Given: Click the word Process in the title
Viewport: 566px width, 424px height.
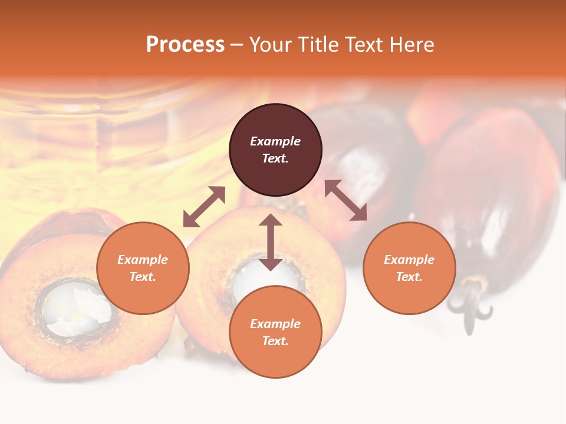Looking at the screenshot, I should coord(185,45).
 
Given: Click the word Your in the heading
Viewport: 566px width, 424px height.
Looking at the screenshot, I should coord(271,45).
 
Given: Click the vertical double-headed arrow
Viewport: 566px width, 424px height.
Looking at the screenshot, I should coord(271,242).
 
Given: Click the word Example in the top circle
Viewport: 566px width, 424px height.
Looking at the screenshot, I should coord(275,141).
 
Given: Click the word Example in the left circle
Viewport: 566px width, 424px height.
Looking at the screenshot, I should coord(143,260).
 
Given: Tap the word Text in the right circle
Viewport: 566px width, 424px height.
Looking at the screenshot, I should coord(409,277).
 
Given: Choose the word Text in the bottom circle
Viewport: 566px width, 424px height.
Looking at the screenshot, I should coord(275,341).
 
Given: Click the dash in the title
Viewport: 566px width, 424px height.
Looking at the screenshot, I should coord(237,45).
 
